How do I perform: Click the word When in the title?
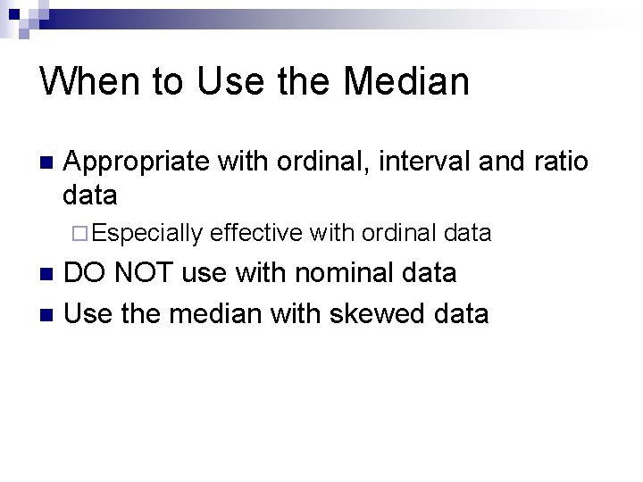point(91,82)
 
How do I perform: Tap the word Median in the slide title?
point(406,82)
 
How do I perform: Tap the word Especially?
point(147,234)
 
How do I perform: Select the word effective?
point(255,233)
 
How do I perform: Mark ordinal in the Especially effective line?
point(393,233)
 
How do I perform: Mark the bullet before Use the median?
point(47,314)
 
